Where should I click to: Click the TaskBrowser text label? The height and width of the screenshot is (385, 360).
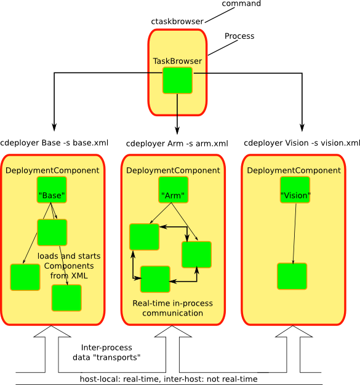[177, 62]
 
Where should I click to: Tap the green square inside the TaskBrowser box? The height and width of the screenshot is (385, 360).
[177, 81]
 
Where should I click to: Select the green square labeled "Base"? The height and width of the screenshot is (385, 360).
[52, 190]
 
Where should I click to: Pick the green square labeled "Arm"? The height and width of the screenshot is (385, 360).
[173, 190]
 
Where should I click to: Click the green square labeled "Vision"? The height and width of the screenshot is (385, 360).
[295, 190]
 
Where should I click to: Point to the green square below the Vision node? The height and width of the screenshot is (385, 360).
[292, 276]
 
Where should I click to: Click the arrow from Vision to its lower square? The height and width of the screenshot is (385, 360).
[294, 234]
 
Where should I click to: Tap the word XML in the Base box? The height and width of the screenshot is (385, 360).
[78, 276]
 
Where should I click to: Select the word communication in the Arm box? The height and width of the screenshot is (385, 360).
[173, 313]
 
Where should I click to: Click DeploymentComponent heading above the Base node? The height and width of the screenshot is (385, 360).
[52, 170]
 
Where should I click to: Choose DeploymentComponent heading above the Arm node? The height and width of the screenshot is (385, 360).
[173, 170]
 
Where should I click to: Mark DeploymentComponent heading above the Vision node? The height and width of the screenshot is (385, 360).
[294, 170]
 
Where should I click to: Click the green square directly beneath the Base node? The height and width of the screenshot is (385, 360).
[52, 232]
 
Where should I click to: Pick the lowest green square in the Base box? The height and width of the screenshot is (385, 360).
[66, 298]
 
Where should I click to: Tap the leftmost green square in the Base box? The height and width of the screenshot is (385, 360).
[25, 277]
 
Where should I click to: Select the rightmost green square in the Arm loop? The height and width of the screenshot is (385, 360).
[196, 255]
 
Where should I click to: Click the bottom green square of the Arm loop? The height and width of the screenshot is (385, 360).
[155, 279]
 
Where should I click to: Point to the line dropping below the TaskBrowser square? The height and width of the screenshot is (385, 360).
[177, 105]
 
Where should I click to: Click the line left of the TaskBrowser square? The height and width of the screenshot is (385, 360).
[154, 73]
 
